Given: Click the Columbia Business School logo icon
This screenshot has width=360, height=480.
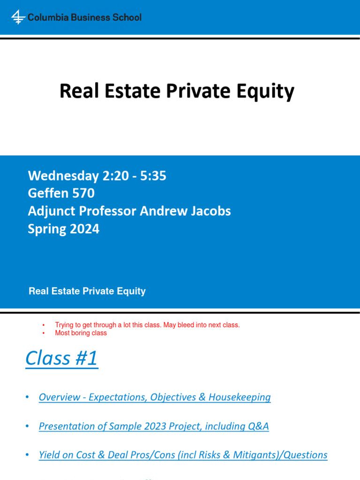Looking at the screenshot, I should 18,17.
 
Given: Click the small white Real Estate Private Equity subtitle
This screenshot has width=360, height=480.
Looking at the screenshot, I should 87,291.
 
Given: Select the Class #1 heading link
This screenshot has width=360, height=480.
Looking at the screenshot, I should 61,359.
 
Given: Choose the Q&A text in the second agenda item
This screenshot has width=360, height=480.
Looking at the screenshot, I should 258,426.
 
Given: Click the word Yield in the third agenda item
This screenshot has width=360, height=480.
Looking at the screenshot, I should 49,455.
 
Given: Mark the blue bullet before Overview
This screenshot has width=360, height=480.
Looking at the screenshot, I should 28,397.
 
